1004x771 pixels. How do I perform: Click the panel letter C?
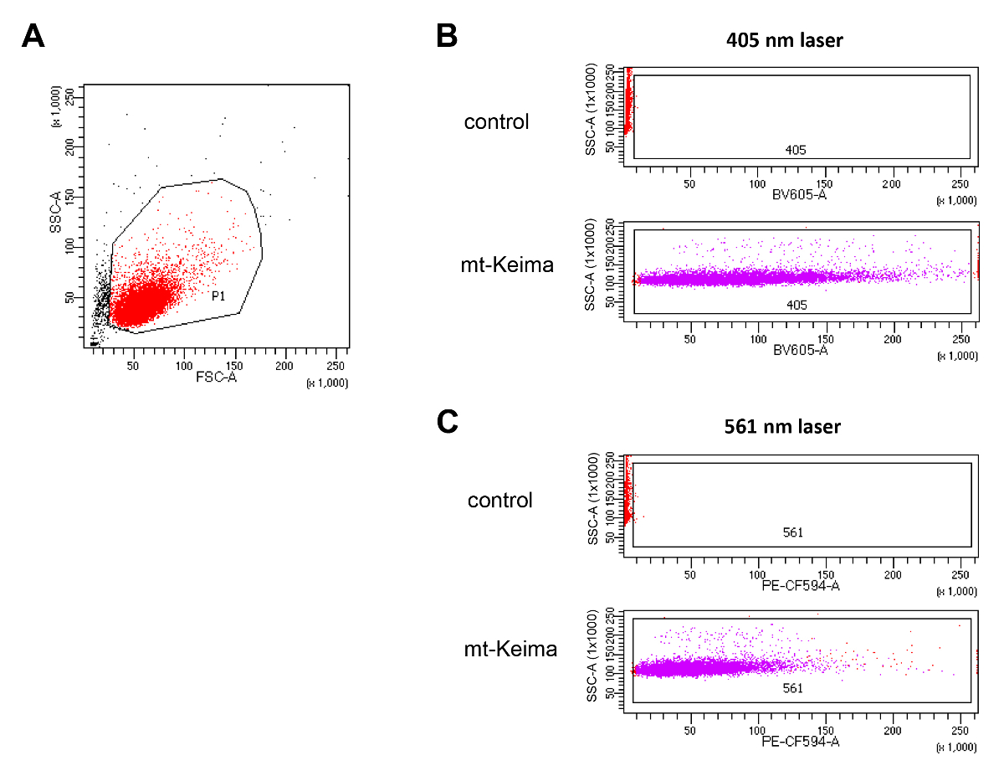click(x=448, y=421)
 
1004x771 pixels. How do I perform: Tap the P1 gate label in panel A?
click(x=218, y=296)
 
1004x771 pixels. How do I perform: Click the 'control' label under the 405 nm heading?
click(x=497, y=121)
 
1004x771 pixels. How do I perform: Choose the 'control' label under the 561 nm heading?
click(x=500, y=500)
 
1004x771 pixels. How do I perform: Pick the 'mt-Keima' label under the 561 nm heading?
click(x=510, y=648)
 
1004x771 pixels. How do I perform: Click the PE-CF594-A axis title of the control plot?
click(x=801, y=584)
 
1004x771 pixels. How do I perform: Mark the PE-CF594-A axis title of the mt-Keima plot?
click(x=801, y=741)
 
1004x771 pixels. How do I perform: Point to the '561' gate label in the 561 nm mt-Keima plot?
click(x=793, y=688)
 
